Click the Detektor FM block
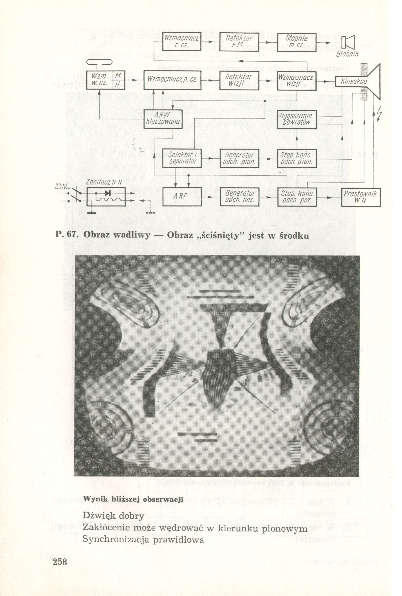click(239, 42)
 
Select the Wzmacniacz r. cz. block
click(182, 42)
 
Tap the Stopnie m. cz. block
click(296, 42)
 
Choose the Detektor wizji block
click(239, 80)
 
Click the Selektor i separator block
click(182, 158)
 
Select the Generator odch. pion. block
click(239, 158)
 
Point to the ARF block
click(182, 197)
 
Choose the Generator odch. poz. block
click(239, 197)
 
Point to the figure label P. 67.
click(66, 235)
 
